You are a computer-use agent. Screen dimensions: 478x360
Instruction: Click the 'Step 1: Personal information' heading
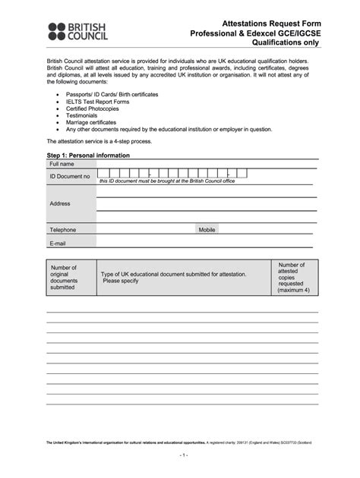(x=88, y=156)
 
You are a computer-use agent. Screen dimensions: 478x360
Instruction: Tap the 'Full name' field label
(x=62, y=164)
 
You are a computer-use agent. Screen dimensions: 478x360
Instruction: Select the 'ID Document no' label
(x=70, y=176)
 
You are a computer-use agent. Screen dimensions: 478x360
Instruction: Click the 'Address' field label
(x=60, y=203)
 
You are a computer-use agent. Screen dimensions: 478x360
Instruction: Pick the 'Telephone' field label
(x=63, y=229)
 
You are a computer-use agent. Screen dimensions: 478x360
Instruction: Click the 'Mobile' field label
(x=207, y=229)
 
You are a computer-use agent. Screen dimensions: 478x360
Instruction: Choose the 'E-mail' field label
(x=58, y=244)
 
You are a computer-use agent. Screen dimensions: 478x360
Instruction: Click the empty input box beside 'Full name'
(x=207, y=164)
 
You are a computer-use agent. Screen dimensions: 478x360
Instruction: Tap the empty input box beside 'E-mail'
(x=207, y=244)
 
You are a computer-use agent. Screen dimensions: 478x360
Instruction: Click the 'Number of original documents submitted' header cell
(x=64, y=277)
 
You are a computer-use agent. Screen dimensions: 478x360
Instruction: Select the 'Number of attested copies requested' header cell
(x=292, y=277)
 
